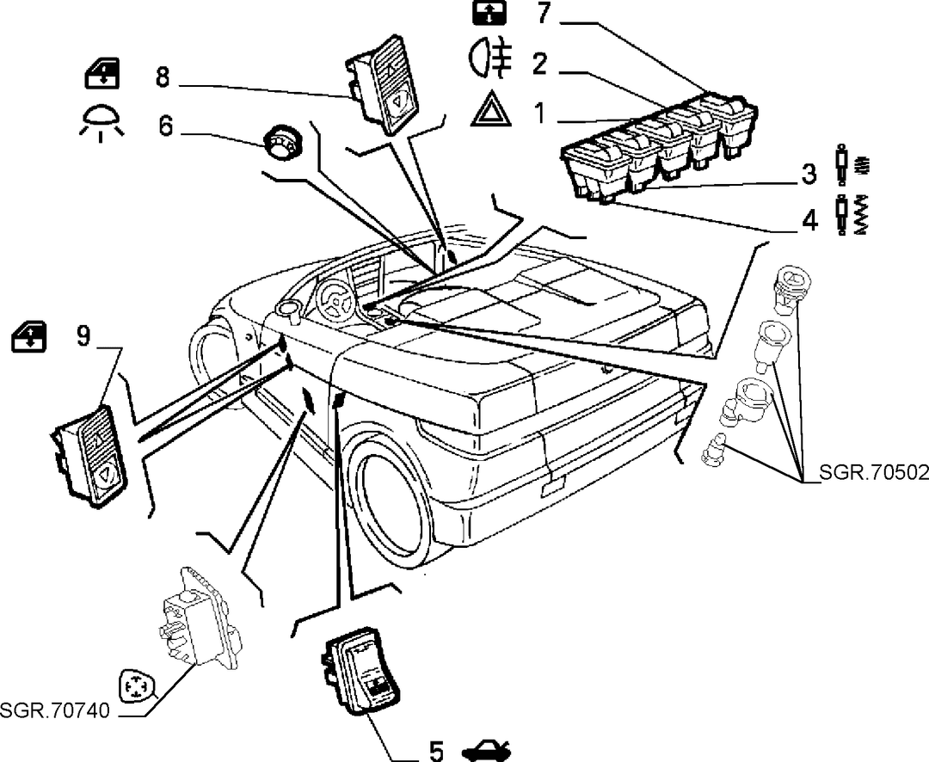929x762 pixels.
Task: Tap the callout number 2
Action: coord(539,64)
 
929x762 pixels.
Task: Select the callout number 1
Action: coord(539,113)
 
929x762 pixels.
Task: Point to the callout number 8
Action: coord(163,77)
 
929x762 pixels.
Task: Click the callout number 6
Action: coord(165,126)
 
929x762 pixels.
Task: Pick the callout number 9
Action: coord(83,335)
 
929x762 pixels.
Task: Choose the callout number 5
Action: coord(435,752)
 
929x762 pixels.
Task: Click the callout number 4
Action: coord(809,220)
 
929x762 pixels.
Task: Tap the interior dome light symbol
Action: coord(101,123)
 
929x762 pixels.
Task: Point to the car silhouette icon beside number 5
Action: coord(486,750)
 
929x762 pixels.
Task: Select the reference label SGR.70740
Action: coord(55,710)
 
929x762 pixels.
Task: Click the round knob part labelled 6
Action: coord(283,141)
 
